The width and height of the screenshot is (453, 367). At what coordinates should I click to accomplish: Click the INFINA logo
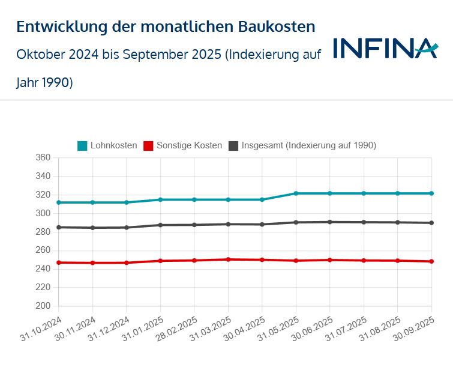[385, 49]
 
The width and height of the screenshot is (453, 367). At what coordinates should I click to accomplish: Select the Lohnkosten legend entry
[113, 145]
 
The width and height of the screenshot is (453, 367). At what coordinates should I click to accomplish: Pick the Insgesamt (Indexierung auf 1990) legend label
[308, 145]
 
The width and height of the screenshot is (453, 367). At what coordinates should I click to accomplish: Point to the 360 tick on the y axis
[43, 158]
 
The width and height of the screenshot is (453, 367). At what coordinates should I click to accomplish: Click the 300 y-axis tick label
[43, 213]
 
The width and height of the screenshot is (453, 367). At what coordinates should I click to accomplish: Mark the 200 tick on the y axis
[43, 306]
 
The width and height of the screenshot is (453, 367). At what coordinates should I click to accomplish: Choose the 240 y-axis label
[43, 268]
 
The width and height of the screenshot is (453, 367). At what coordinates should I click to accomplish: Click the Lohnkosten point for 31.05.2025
[296, 193]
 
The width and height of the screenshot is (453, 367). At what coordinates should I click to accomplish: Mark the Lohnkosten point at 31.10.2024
[58, 202]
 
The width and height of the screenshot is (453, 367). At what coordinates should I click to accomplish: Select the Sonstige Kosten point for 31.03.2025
[228, 259]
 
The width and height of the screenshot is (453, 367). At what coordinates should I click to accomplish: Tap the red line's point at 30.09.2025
[431, 261]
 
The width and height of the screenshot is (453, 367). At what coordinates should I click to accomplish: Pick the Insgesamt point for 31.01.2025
[160, 225]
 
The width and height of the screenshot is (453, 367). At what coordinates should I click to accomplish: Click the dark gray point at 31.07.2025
[364, 222]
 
